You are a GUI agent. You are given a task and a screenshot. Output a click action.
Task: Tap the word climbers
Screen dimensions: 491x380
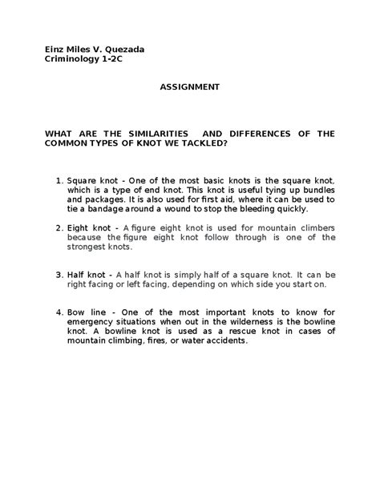pyautogui.click(x=315, y=227)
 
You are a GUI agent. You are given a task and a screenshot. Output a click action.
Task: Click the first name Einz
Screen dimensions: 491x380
pyautogui.click(x=53, y=50)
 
